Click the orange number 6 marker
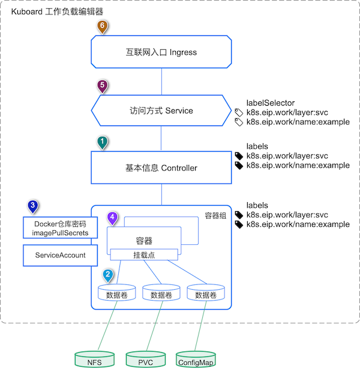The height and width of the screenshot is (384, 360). coord(102,26)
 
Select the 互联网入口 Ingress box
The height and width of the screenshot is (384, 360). coord(161,52)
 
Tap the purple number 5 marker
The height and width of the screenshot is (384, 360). coord(102,85)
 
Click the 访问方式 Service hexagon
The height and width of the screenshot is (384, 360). coord(161,111)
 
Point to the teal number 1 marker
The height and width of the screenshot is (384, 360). coord(102,142)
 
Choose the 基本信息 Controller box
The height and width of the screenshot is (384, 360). coord(161,168)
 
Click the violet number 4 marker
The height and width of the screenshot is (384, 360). coord(112,217)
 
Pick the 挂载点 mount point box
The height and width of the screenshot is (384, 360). coord(143,255)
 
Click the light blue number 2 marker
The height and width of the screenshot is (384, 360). coord(107,275)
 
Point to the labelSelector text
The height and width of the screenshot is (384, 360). coord(271,103)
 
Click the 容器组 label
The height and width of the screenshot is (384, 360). coord(214,215)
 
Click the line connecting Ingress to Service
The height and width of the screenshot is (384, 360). coord(161,80)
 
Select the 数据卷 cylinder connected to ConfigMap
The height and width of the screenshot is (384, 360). coord(205,294)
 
